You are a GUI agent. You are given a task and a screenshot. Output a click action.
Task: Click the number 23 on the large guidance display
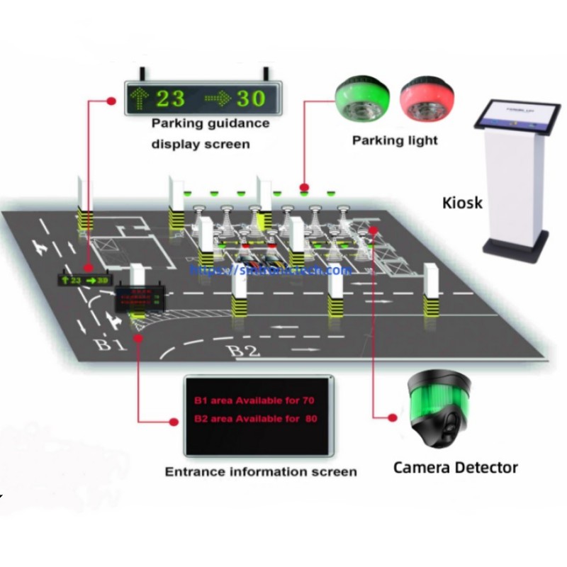pyautogui.click(x=170, y=98)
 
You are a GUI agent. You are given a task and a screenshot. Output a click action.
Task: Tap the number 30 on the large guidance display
pyautogui.click(x=250, y=98)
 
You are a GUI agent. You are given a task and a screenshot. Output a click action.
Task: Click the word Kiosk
pyautogui.click(x=462, y=203)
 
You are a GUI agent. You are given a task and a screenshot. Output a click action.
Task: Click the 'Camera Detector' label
pyautogui.click(x=455, y=467)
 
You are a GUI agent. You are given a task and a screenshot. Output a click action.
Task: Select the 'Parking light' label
pyautogui.click(x=395, y=140)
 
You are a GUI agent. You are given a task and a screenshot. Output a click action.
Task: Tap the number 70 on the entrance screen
pyautogui.click(x=308, y=401)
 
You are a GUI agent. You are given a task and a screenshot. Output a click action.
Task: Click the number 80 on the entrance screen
pyautogui.click(x=310, y=419)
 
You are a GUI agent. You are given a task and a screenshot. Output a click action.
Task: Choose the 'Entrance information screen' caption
pyautogui.click(x=261, y=471)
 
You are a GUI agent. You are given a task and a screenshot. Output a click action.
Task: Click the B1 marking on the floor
pyautogui.click(x=111, y=344)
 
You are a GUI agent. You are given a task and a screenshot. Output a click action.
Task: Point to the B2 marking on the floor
pyautogui.click(x=243, y=350)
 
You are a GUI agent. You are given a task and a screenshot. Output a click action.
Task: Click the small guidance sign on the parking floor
pyautogui.click(x=84, y=281)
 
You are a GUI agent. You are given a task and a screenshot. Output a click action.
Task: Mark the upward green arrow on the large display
pyautogui.click(x=138, y=98)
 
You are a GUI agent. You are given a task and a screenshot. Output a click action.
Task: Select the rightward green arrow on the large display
pyautogui.click(x=217, y=98)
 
